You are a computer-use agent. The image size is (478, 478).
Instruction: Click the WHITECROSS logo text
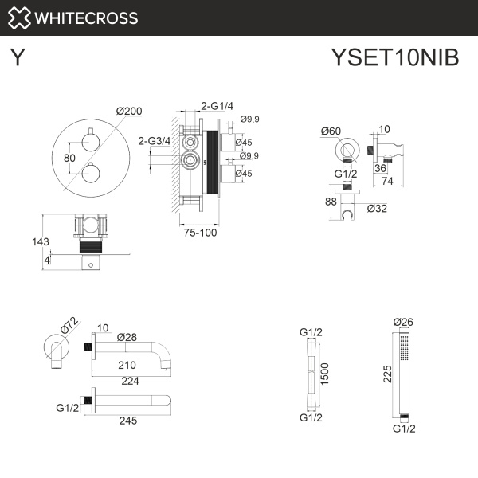click(88, 18)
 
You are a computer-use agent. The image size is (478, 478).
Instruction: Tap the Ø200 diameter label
click(128, 112)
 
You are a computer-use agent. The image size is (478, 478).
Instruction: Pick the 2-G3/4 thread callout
click(153, 141)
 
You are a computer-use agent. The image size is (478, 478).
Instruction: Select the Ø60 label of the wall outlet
click(331, 131)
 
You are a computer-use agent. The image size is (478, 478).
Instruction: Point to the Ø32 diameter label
click(378, 210)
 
